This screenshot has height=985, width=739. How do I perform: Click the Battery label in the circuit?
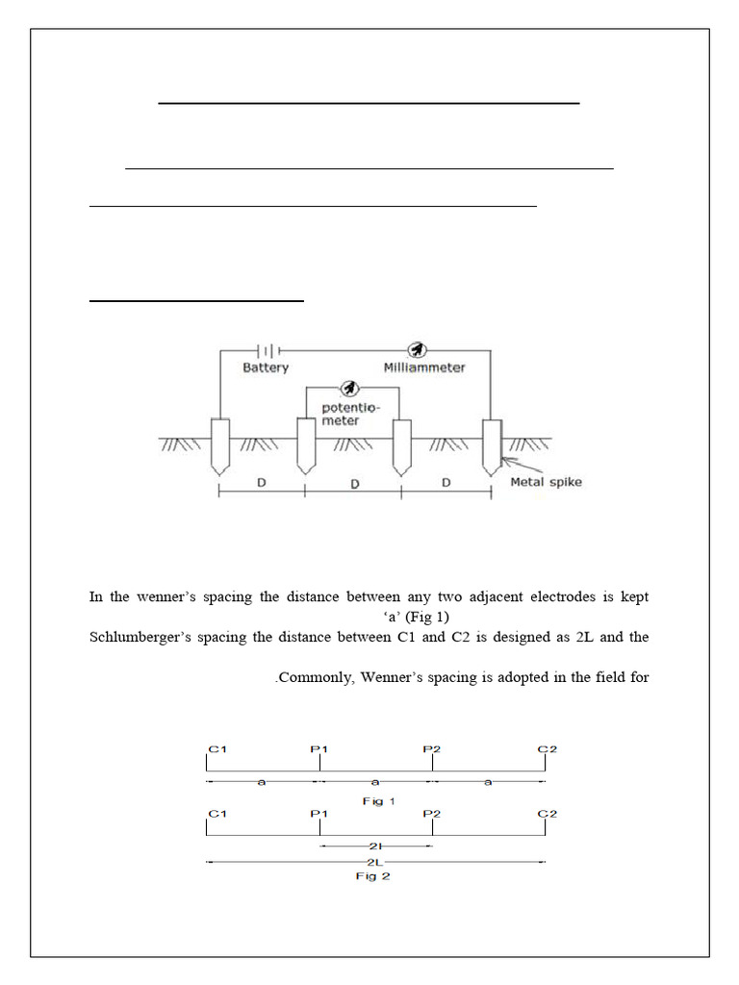(x=266, y=367)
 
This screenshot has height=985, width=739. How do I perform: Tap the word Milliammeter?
(x=424, y=367)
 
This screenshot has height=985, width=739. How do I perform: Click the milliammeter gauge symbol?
(x=417, y=349)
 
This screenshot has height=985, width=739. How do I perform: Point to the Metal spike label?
(x=546, y=481)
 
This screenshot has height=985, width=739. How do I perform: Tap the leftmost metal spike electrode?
(x=220, y=445)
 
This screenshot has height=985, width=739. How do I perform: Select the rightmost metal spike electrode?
(x=492, y=445)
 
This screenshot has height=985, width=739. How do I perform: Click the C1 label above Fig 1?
(x=217, y=748)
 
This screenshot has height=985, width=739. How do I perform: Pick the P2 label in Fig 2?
(x=432, y=814)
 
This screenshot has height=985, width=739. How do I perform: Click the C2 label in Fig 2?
(x=547, y=814)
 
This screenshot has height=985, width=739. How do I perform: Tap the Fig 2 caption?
(x=373, y=876)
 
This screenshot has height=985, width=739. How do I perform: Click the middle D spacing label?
(x=354, y=484)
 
